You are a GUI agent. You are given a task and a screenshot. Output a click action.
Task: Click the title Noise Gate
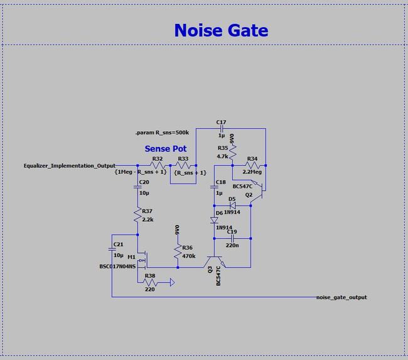(221, 30)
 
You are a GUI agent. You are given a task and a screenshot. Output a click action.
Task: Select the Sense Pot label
(166, 149)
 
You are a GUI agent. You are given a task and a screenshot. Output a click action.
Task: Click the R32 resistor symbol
(158, 165)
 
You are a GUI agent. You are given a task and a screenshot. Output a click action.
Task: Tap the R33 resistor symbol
(183, 165)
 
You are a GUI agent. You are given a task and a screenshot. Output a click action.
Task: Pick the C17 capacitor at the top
(220, 128)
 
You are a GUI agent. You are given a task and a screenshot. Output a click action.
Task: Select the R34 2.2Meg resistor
(252, 165)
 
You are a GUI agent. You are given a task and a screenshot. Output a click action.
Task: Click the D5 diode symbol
(232, 205)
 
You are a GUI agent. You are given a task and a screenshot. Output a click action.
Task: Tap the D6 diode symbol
(214, 220)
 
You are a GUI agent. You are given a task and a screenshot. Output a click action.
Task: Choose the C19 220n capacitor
(232, 239)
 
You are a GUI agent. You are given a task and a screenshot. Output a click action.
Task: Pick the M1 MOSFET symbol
(142, 258)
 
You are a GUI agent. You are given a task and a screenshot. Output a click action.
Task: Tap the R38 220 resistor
(151, 282)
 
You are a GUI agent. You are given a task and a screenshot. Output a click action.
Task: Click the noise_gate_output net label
(341, 297)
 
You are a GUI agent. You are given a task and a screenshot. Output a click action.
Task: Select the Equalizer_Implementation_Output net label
(69, 165)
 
